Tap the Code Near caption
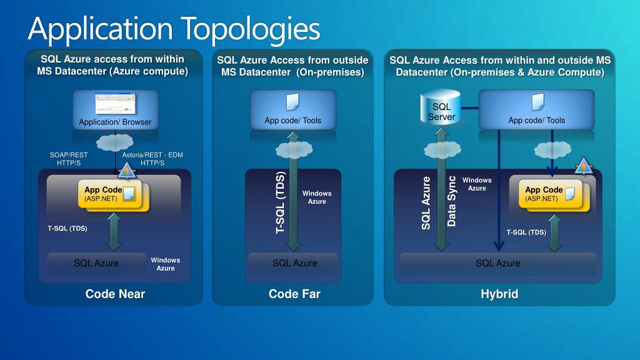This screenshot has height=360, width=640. coord(115,294)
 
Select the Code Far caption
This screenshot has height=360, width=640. coord(294,294)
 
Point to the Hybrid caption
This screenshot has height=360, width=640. coord(499,294)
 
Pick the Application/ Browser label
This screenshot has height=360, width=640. coord(115,122)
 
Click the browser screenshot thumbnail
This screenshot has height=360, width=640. coord(115,103)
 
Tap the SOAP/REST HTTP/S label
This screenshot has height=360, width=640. coord(69,159)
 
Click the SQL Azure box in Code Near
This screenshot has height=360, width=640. coord(96,263)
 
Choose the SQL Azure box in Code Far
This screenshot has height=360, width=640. coord(294,263)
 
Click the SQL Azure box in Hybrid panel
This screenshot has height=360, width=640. coord(497,263)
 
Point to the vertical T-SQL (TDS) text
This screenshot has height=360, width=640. coord(281,202)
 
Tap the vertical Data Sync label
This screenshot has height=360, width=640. coord(452,201)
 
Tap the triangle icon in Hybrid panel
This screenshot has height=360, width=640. coord(582,166)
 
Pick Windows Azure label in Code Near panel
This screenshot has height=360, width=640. coord(166,264)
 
